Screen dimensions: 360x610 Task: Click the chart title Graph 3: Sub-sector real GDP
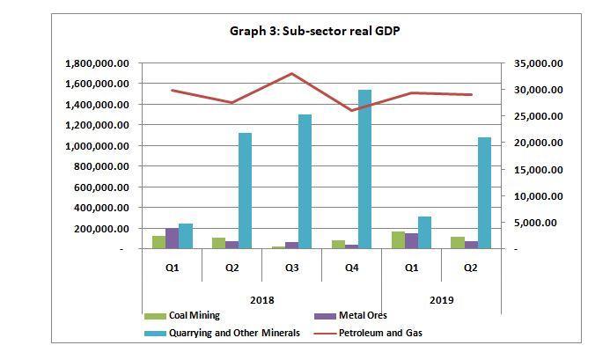point(315,31)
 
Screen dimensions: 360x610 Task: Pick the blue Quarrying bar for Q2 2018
point(245,191)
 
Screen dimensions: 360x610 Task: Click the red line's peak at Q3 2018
point(292,74)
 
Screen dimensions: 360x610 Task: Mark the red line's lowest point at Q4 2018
point(352,110)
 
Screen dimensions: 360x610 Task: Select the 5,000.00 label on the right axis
point(535,223)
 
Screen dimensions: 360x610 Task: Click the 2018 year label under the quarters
point(262,300)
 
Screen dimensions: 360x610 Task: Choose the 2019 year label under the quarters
point(441,300)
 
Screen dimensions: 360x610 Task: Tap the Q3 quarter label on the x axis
point(292,268)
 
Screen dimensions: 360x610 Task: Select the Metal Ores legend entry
point(363,316)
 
